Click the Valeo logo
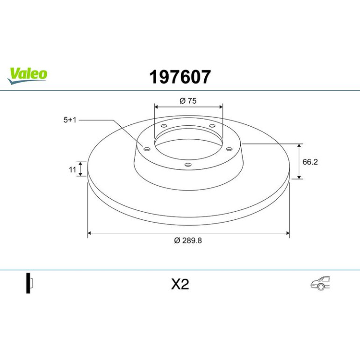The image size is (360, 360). (27, 76)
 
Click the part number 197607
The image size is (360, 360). (180, 77)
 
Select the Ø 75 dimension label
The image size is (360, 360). (188, 101)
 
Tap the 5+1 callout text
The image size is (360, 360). (70, 120)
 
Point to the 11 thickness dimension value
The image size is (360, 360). (72, 170)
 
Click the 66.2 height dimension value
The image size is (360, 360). (310, 162)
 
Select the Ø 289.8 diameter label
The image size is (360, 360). (188, 240)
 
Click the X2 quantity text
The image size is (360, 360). (180, 284)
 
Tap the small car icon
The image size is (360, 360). (320, 283)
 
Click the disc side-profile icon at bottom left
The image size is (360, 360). (29, 283)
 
